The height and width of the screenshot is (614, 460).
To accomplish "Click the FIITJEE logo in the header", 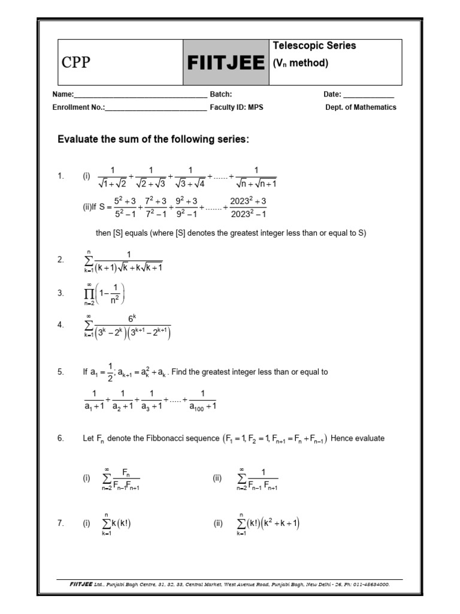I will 225,63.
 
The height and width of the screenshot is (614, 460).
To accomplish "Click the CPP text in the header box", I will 76,63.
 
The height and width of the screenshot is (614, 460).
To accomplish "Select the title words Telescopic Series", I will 314,46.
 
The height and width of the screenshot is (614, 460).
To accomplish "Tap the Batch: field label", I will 220,94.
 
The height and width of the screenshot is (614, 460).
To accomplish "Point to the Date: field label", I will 332,94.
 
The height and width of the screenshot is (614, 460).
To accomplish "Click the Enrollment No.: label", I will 79,107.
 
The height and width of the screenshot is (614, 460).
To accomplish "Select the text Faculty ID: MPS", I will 237,107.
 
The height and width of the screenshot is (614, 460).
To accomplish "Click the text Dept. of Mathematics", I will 361,107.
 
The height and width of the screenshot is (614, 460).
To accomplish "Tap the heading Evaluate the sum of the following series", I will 153,139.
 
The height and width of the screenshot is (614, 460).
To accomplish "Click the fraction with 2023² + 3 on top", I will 248,207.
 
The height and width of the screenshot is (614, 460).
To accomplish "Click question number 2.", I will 60,260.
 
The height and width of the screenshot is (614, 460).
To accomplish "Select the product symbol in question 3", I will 89,292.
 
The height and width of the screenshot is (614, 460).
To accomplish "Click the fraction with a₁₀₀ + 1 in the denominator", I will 202,400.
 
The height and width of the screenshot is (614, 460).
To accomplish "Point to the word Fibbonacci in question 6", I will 154,438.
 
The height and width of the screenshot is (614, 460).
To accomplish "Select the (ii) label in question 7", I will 217,523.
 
